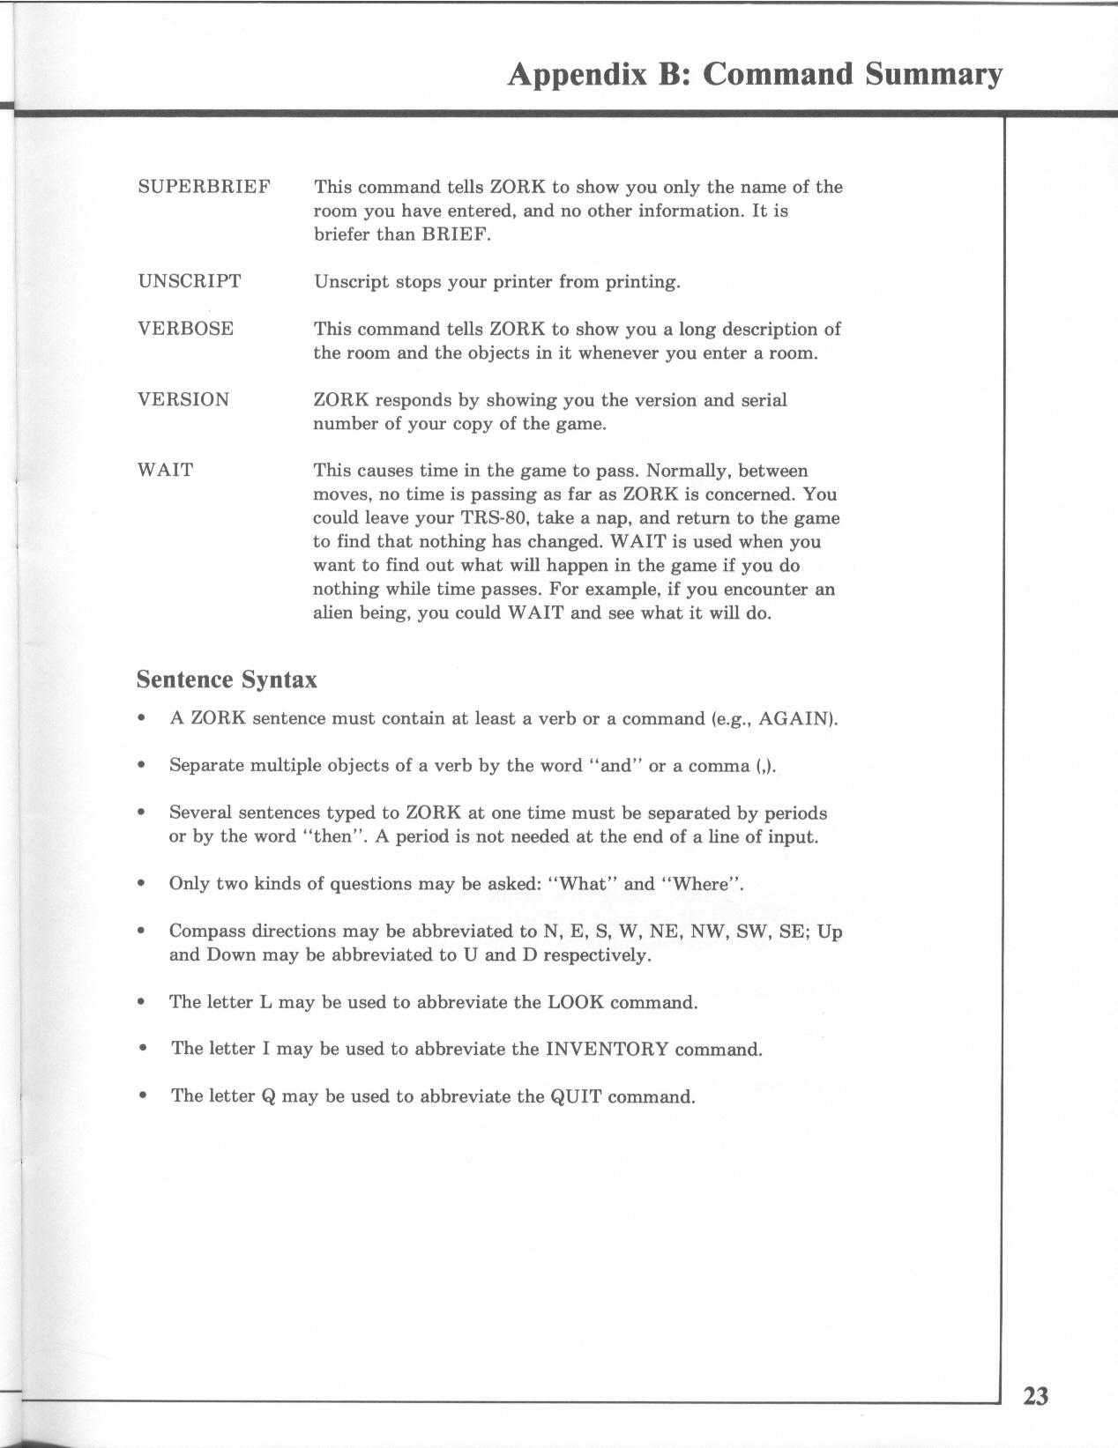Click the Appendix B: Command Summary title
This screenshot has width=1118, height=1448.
coord(755,74)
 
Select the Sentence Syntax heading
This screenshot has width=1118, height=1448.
coord(227,680)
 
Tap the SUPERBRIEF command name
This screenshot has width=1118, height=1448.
coord(204,187)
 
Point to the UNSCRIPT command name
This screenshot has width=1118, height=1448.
coord(189,282)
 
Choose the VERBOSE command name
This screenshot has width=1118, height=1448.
coord(185,330)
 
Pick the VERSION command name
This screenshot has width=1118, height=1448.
coord(183,400)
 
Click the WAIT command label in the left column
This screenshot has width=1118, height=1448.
coord(165,471)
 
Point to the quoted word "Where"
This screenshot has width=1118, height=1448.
coord(701,884)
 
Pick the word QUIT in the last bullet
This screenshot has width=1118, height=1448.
coord(576,1097)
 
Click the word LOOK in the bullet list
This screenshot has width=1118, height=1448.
coord(576,1003)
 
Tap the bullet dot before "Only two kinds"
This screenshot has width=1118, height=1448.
coord(141,885)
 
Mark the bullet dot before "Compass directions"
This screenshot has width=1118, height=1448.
coord(141,932)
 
